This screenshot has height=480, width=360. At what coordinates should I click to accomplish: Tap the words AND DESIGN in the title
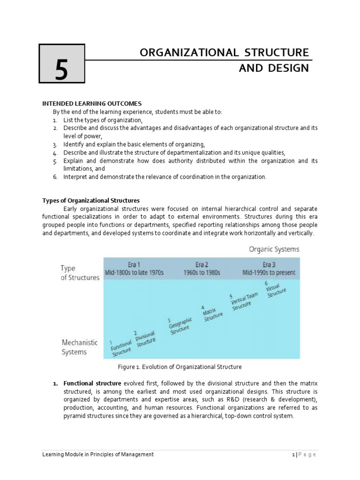click(274, 68)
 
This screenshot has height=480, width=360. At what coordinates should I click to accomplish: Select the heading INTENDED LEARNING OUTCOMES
click(92, 103)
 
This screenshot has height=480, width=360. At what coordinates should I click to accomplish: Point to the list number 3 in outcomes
click(55, 144)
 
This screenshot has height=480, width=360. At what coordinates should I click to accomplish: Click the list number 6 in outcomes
click(55, 177)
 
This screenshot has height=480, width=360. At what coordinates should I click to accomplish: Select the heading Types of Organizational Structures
click(91, 201)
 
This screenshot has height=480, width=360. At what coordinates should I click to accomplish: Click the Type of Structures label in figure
click(80, 273)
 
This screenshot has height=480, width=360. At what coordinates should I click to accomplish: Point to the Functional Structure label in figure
click(121, 348)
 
